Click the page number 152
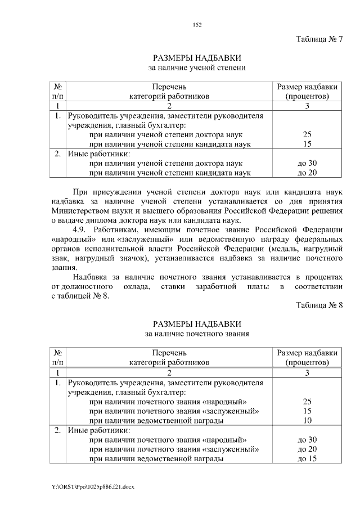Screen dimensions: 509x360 point(197,24)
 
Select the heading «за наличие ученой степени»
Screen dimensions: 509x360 point(197,67)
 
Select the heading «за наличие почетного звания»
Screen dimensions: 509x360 point(197,334)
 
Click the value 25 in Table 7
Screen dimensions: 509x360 point(307,134)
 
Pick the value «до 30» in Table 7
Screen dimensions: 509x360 point(307,163)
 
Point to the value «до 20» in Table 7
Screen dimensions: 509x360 point(307,173)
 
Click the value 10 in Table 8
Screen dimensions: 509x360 point(307,420)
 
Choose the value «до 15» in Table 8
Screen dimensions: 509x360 point(307,458)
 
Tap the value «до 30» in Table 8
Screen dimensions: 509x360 point(307,439)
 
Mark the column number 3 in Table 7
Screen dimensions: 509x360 point(307,106)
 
